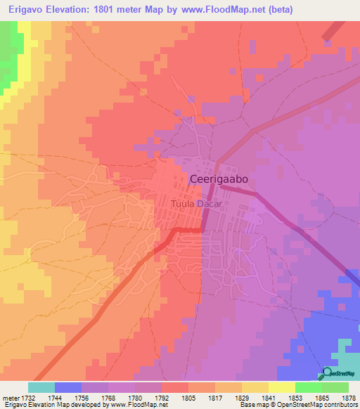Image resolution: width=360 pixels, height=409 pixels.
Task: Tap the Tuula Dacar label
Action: click(196, 204)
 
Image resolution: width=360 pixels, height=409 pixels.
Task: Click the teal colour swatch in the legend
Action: click(41, 387)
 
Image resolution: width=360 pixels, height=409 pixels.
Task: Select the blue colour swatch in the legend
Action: click(68, 387)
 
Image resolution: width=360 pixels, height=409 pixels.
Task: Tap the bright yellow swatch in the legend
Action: click(281, 387)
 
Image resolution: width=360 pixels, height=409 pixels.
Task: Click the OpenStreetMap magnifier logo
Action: click(328, 372)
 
